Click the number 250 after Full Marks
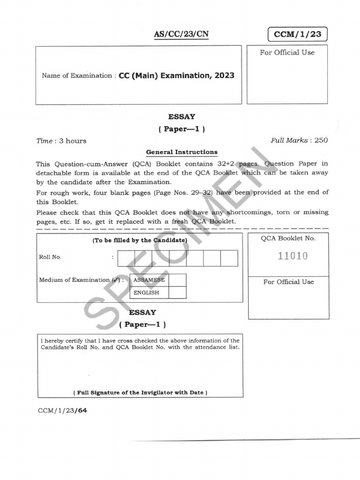[x=321, y=140]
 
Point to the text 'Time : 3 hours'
[x=61, y=141]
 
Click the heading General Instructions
[x=181, y=152]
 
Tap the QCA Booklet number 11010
[x=292, y=256]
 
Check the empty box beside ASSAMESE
[x=177, y=280]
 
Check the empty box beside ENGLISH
[x=177, y=292]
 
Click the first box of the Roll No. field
[x=126, y=258]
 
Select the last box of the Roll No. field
[x=229, y=258]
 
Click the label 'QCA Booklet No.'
[x=288, y=238]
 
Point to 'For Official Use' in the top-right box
[x=287, y=52]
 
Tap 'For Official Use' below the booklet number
[x=288, y=282]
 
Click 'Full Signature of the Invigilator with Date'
[x=140, y=392]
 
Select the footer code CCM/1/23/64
[x=63, y=411]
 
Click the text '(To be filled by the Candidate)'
[x=140, y=240]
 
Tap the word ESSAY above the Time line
[x=181, y=117]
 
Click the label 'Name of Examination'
[x=77, y=75]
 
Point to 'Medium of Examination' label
[x=74, y=280]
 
